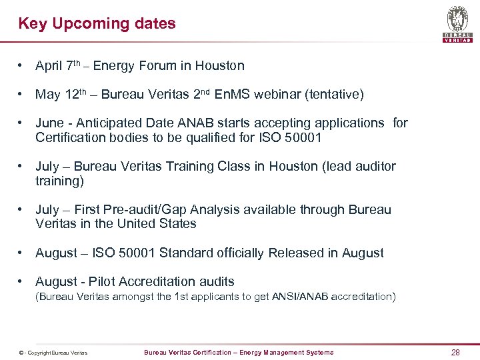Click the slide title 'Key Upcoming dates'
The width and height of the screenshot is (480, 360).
click(x=97, y=24)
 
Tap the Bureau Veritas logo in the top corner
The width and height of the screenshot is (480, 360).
click(x=457, y=23)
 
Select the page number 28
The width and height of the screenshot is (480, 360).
click(x=455, y=352)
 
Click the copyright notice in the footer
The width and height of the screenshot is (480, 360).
click(x=53, y=353)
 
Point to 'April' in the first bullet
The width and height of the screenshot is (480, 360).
click(x=49, y=66)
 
